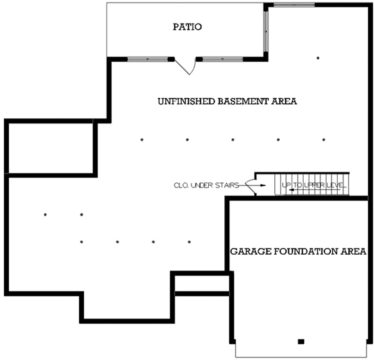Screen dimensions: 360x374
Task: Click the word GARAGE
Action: [249, 252]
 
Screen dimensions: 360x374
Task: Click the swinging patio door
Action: [186, 65]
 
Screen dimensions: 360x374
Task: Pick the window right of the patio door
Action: [223, 59]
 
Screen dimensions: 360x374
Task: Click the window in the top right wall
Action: [294, 5]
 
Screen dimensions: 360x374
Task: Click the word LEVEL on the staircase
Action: [335, 186]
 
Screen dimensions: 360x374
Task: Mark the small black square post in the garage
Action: [300, 341]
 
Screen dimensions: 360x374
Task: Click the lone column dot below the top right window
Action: [318, 58]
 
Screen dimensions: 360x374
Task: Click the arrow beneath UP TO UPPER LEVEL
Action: [293, 191]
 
